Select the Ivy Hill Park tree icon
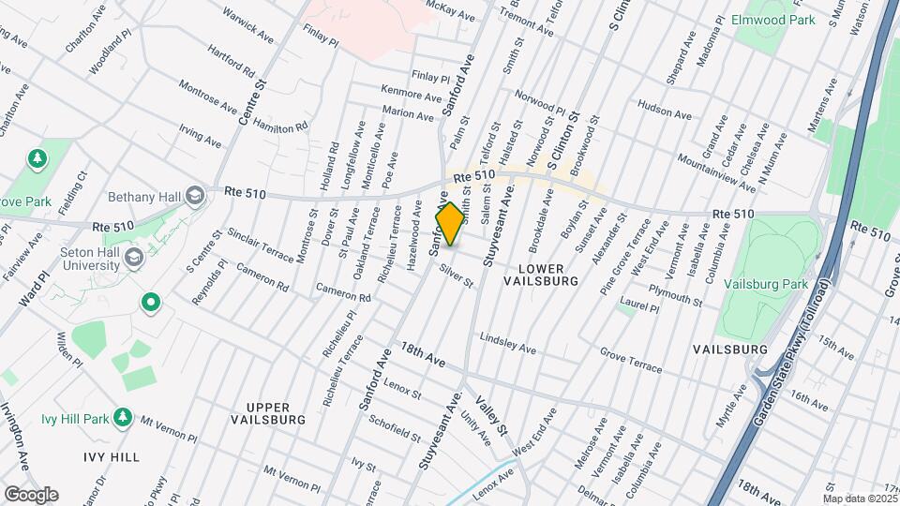coord(122,415)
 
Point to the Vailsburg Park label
coord(772,283)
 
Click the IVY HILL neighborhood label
coord(111,457)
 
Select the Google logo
coord(31,494)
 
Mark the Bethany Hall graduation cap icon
coord(195,195)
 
